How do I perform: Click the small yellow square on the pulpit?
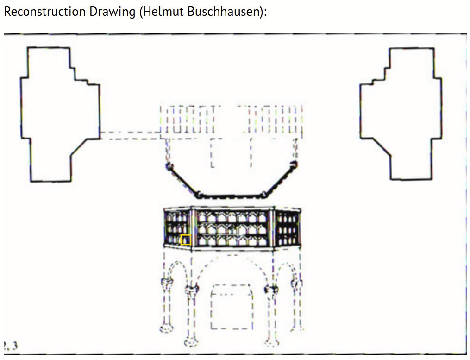pos(186,240)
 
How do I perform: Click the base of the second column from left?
pos(190,342)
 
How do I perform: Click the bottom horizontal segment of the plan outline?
pos(232,196)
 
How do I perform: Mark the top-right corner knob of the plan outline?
pos(293,164)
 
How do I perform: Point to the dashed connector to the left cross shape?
pos(130,134)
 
